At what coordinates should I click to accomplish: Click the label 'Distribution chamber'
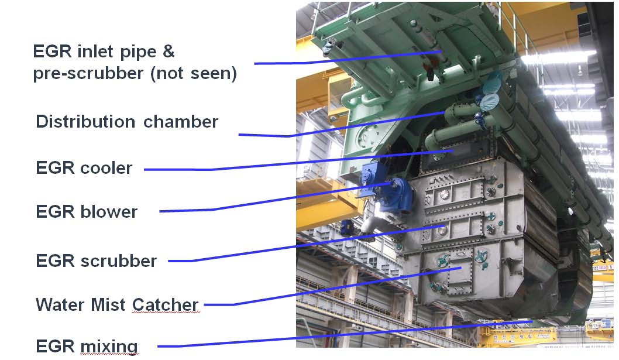tap(127, 122)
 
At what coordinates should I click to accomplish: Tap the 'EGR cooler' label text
tap(84, 168)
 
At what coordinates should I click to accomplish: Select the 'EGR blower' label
tap(87, 212)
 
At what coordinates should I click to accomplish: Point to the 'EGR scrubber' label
tap(97, 261)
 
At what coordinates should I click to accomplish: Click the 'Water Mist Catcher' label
tap(117, 304)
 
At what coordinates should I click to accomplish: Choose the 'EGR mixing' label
tap(87, 347)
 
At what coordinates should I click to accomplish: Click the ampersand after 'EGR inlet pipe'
tap(168, 52)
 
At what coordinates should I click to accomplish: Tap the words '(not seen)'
tap(194, 74)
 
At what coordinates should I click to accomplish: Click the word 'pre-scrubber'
tap(88, 74)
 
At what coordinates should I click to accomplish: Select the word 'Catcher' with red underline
tap(165, 304)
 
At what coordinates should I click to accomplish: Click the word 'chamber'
tap(180, 122)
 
